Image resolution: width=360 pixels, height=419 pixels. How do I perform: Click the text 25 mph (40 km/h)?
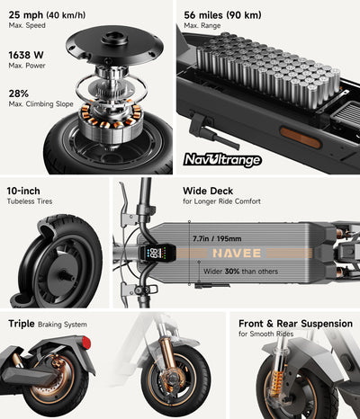point(40,14)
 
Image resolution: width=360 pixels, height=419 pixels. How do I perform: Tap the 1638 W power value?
point(26,54)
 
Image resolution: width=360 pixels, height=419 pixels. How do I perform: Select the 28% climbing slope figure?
point(19,94)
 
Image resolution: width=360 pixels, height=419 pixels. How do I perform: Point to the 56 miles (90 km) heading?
point(222,14)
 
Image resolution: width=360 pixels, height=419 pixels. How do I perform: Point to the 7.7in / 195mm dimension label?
point(216,237)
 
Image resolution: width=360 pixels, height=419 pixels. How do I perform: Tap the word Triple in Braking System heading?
point(22,323)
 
